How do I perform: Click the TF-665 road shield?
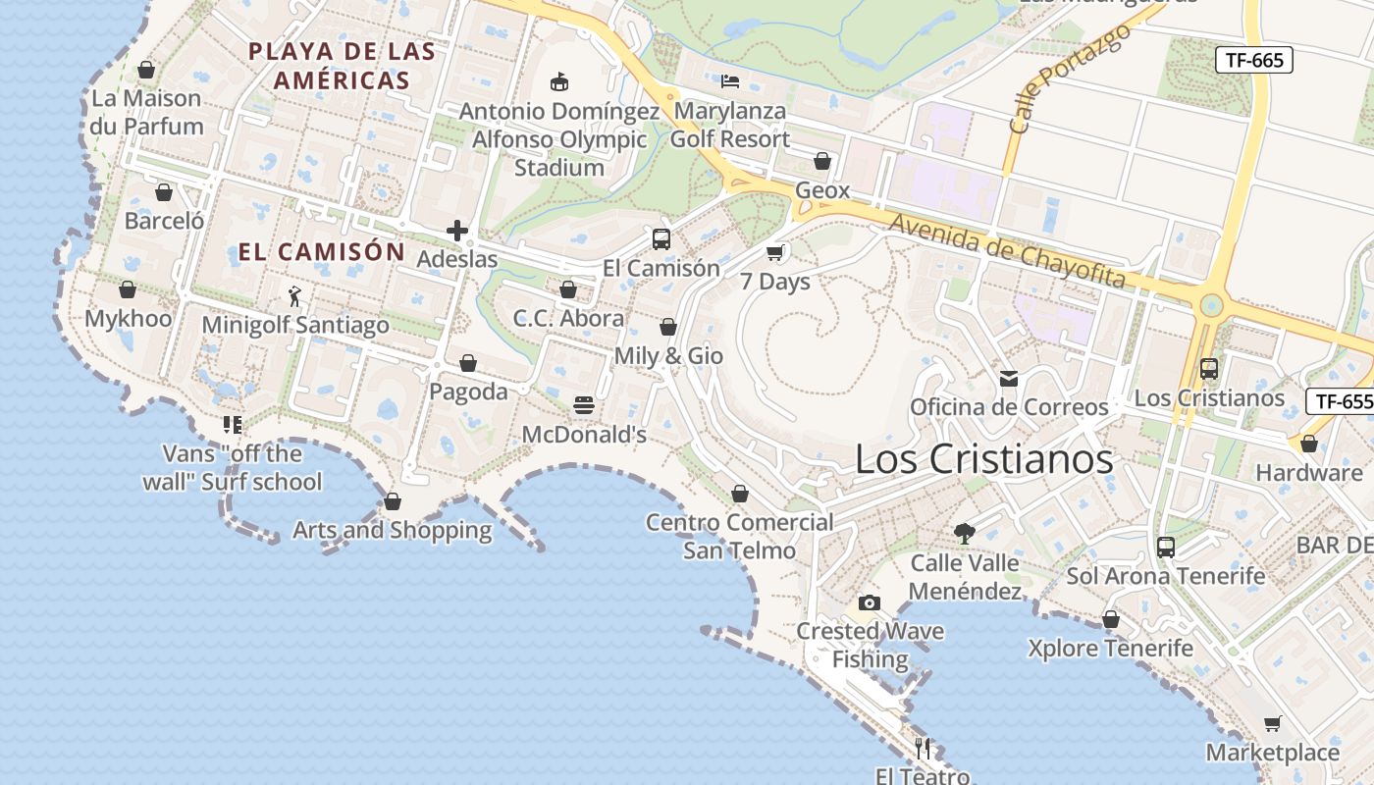point(1254,60)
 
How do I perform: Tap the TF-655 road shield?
point(1341,400)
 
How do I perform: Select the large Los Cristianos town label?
point(983,459)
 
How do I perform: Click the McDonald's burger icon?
point(584,405)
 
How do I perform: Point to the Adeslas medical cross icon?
point(457,232)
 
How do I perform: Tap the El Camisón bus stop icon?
point(661,239)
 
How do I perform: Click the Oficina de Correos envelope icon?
point(1008,379)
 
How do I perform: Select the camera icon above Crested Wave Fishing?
point(869,602)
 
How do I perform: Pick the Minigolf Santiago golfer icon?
point(294,295)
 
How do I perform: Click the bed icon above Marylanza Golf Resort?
point(729,80)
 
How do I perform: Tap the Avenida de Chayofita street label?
point(1007,251)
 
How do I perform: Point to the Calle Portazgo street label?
point(1069,78)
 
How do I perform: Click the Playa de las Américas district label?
point(342,66)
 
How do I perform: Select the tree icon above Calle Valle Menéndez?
point(965,534)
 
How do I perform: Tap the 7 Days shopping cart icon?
point(775,253)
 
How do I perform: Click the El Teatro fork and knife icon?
point(923,749)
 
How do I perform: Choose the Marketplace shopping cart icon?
point(1273,724)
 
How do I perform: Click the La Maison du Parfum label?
point(146,112)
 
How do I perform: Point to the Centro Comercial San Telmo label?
point(739,536)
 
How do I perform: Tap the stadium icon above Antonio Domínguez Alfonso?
point(559,81)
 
